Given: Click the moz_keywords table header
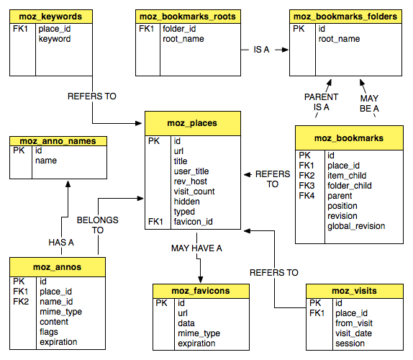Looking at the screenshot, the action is click(x=51, y=17).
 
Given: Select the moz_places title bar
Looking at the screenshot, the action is click(x=193, y=123).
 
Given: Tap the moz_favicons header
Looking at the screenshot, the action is click(x=201, y=291).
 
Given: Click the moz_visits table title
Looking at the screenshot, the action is click(x=355, y=291).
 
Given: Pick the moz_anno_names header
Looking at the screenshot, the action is click(x=58, y=141).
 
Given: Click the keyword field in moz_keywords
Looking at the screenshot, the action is click(x=55, y=39).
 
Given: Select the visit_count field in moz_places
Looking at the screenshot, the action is click(x=194, y=192).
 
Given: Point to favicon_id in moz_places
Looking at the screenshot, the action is click(x=193, y=222).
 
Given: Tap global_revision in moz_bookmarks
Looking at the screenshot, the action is click(x=356, y=226).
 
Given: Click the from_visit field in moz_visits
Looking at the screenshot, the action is click(x=354, y=323).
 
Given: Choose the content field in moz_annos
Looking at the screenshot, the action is click(x=54, y=322).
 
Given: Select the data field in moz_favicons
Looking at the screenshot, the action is click(x=186, y=323).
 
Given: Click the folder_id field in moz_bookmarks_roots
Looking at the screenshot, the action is click(x=179, y=29).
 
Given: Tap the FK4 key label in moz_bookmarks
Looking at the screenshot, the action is click(x=307, y=196).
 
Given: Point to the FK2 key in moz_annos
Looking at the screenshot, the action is click(x=21, y=302).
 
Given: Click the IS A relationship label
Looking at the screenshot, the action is click(x=261, y=50).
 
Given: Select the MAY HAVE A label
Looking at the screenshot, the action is click(x=196, y=248).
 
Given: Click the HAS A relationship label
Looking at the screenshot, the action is click(x=61, y=243).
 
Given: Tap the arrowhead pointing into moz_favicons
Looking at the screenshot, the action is click(x=201, y=280).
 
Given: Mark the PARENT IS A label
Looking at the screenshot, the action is click(x=321, y=102).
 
